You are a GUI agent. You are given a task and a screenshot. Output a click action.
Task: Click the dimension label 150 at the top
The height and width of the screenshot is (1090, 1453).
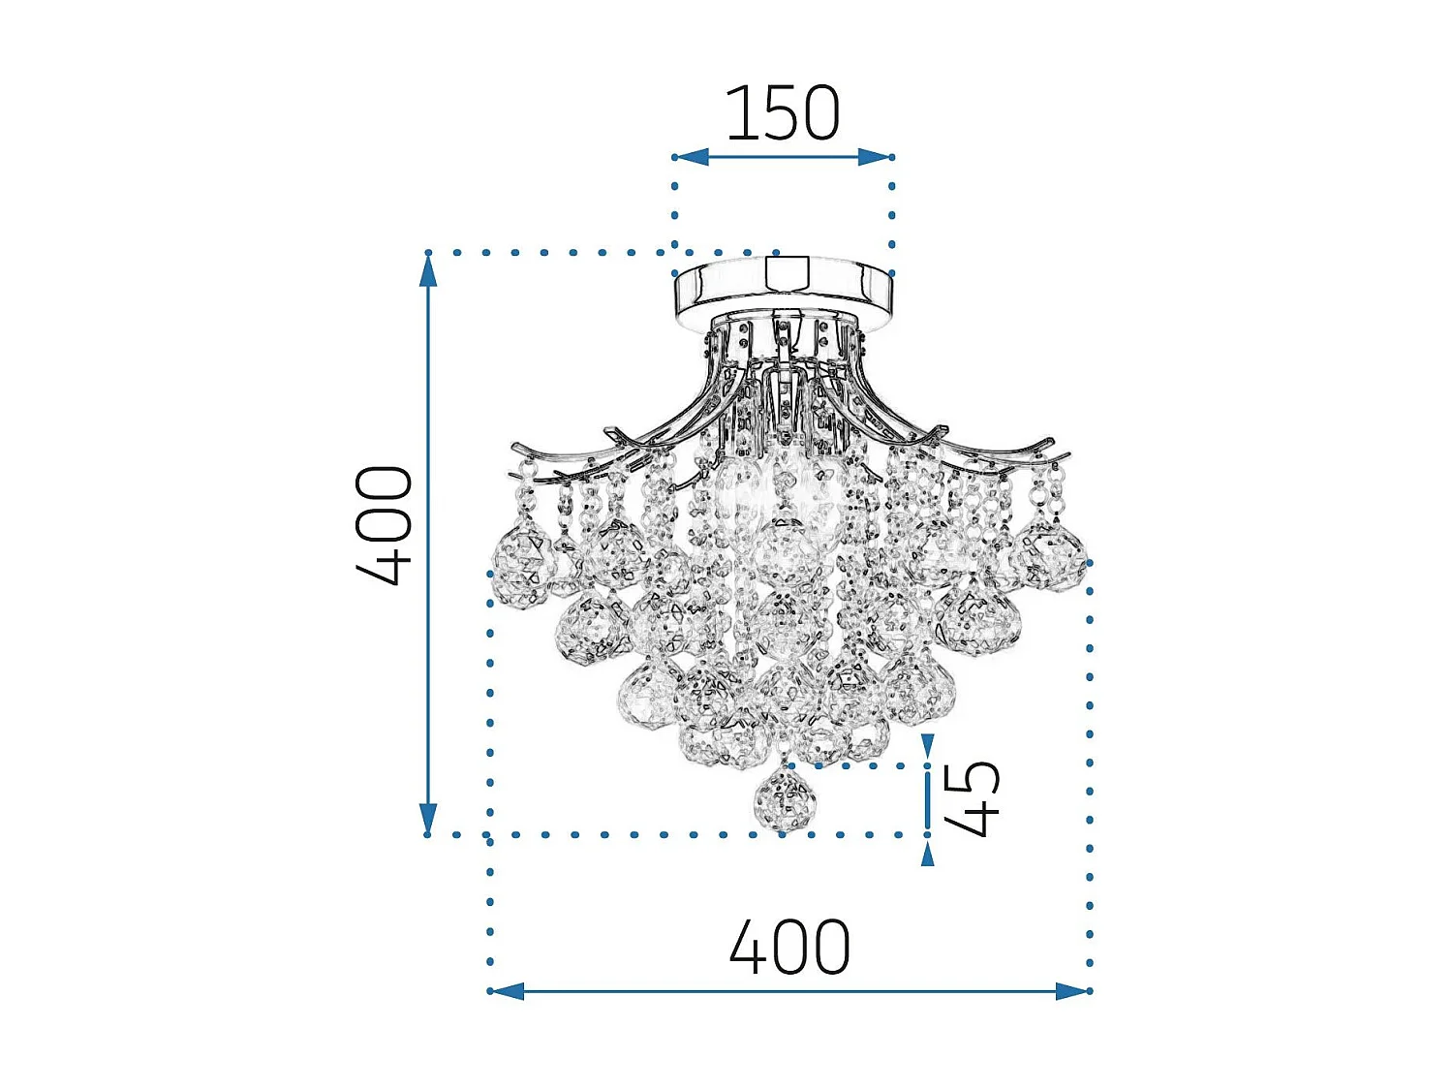click(x=783, y=113)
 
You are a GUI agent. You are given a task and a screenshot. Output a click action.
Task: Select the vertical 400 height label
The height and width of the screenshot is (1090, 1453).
click(x=386, y=526)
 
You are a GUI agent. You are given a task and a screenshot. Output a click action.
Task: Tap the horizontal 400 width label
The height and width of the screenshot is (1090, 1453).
click(x=789, y=948)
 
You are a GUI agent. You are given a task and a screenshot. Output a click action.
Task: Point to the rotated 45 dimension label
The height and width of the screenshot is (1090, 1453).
click(x=972, y=798)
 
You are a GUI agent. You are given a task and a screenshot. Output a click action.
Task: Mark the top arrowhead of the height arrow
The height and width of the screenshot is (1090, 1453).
click(x=428, y=270)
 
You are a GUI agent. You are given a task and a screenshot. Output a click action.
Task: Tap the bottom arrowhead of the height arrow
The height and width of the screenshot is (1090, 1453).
click(x=428, y=818)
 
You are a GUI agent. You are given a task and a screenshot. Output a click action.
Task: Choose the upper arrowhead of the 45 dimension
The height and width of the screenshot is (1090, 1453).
click(x=928, y=747)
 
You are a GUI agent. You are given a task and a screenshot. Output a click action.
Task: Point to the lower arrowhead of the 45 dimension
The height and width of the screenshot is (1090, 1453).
click(x=928, y=853)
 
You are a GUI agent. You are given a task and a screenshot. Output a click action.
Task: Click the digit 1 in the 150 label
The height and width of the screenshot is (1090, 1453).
click(x=738, y=113)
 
